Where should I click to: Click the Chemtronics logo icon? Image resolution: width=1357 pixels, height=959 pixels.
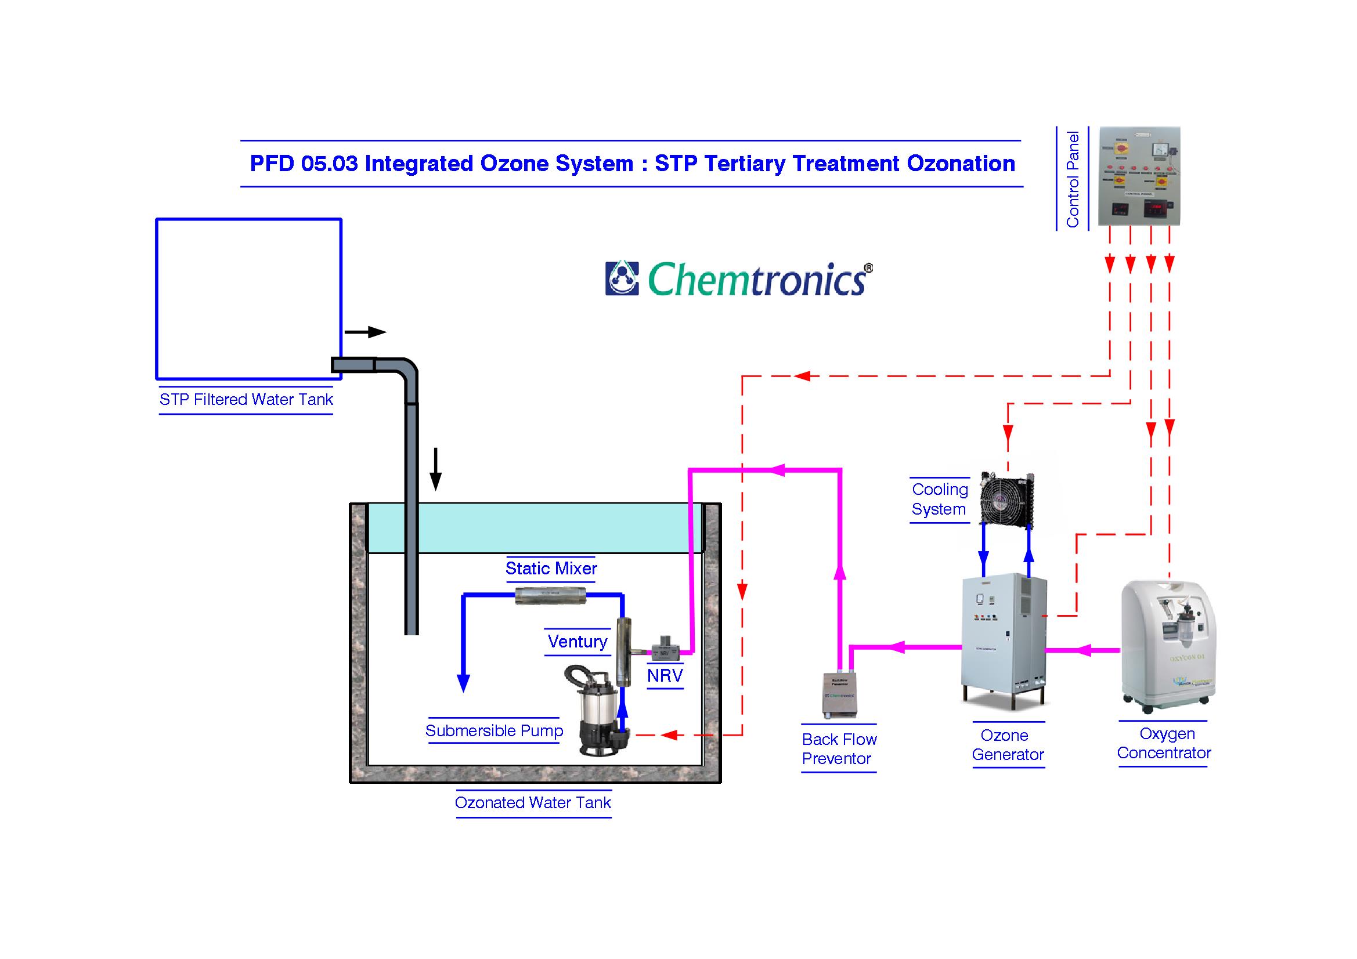(622, 278)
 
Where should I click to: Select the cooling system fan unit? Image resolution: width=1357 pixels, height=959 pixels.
(1006, 498)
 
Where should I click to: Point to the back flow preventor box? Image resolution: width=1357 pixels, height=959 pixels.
(839, 695)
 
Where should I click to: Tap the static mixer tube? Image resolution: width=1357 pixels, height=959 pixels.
(550, 595)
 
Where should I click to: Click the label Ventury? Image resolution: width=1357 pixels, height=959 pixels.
(577, 642)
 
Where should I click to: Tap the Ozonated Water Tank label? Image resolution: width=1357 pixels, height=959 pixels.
(532, 802)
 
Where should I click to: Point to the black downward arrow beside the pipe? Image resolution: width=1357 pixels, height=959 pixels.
(435, 470)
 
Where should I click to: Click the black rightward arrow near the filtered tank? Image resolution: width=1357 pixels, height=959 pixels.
(365, 332)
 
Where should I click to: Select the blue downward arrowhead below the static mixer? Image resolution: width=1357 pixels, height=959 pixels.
(464, 682)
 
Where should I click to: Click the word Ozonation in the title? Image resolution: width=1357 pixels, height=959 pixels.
(961, 164)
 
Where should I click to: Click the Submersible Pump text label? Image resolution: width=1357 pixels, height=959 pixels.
(494, 731)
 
